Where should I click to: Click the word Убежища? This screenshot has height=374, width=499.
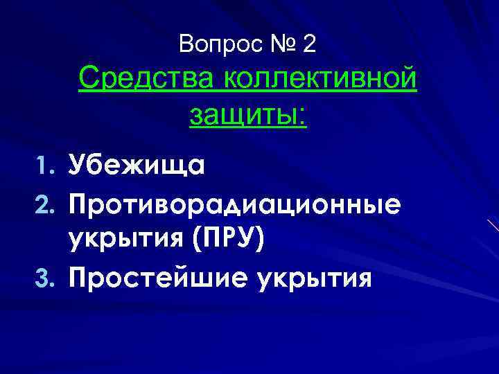pos(136,167)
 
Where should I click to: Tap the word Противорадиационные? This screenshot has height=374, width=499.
pos(234,204)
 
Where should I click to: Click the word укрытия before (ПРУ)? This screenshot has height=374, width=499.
pos(125,241)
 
